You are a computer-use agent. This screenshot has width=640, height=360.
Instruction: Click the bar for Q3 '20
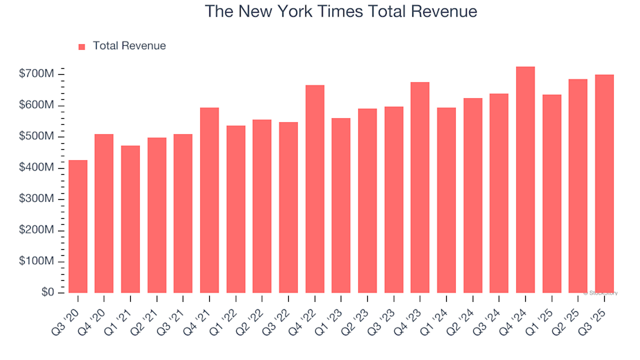[x=77, y=227]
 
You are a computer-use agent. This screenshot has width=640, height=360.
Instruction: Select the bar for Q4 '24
[x=525, y=180]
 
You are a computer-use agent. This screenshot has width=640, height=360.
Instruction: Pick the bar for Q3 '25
[x=604, y=184]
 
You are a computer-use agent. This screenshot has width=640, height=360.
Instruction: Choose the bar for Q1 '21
[x=130, y=219]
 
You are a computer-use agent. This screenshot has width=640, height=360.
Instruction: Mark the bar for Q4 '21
[x=209, y=200]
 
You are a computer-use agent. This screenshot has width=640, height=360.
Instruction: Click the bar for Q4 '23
[x=420, y=187]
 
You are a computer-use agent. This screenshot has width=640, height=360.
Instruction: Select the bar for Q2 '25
[x=578, y=186]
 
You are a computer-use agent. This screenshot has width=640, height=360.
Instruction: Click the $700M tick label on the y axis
[x=37, y=74]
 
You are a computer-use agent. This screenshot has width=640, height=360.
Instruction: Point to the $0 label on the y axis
[x=47, y=293]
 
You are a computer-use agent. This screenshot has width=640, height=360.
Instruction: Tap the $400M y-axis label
[x=37, y=168]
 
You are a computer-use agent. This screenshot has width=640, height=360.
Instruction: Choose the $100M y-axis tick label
[x=37, y=261]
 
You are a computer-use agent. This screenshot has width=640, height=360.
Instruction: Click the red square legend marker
[x=82, y=47]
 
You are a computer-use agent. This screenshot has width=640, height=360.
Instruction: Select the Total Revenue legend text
[x=129, y=46]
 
